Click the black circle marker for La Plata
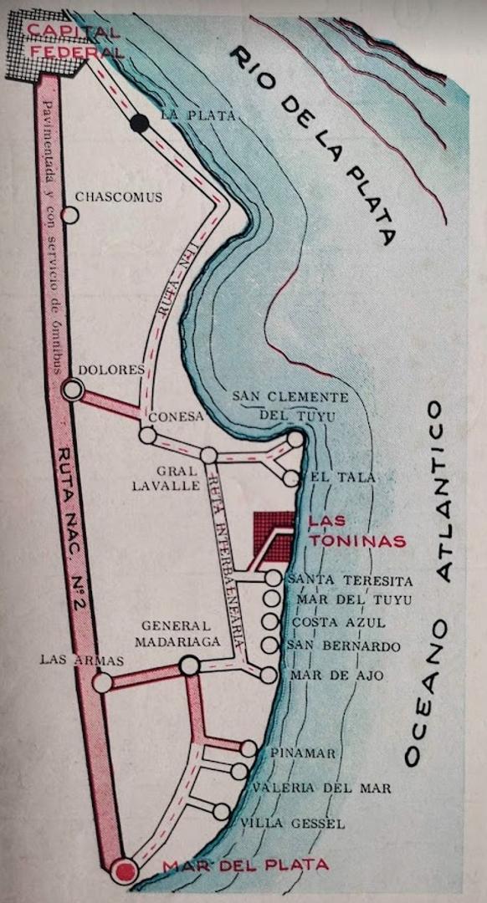[140, 125]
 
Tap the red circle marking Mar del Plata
[126, 872]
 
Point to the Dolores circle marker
[73, 389]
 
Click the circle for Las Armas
[102, 683]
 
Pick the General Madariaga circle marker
[190, 666]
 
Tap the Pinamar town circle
[249, 748]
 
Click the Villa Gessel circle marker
[222, 811]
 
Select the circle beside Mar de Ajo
[268, 676]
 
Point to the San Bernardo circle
[269, 645]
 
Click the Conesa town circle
[148, 435]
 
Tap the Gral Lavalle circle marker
[208, 455]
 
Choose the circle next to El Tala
[290, 478]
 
